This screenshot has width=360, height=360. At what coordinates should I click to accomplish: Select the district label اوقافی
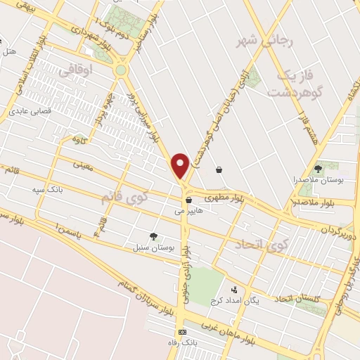pos(75,70)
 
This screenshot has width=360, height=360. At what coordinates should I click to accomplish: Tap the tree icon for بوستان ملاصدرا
pos(318,169)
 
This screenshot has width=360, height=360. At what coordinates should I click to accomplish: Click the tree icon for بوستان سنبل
pos(153,236)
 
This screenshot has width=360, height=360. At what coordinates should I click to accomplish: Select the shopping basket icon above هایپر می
pos(188,200)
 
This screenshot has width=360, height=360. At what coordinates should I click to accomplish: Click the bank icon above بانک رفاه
pos(183,332)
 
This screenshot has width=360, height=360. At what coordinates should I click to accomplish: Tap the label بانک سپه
pos(48,190)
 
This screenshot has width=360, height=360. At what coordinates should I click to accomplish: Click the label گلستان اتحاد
pos(315,299)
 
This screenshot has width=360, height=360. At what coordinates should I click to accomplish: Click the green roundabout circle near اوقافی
pos(121,70)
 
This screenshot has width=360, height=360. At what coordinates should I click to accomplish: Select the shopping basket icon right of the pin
pos(219,169)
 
